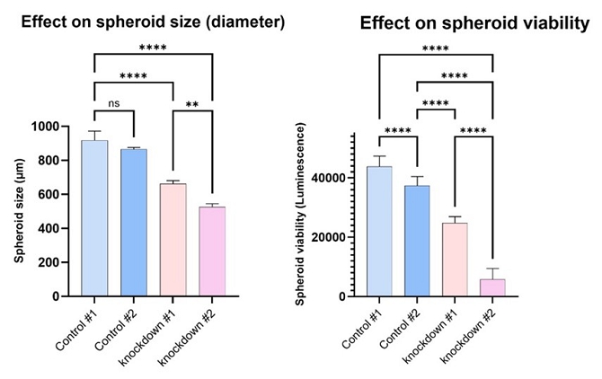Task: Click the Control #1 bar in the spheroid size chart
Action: pos(94,218)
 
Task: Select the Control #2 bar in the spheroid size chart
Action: pos(134,223)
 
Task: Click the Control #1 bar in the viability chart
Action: pos(379,232)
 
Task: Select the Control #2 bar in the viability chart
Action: pos(417,241)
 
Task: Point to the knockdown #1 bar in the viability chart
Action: pos(455,260)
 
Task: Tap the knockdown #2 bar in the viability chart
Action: pos(492,287)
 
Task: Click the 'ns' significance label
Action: pos(114,103)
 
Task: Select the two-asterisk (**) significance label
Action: pos(192,104)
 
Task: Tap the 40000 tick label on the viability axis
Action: pos(330,178)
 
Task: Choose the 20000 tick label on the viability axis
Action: pos(330,237)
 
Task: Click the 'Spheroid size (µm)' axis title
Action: pos(19,211)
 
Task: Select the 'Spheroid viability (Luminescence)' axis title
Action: pos(300,214)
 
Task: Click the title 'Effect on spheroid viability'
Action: pos(474,23)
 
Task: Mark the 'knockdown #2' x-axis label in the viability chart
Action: pos(468,336)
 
